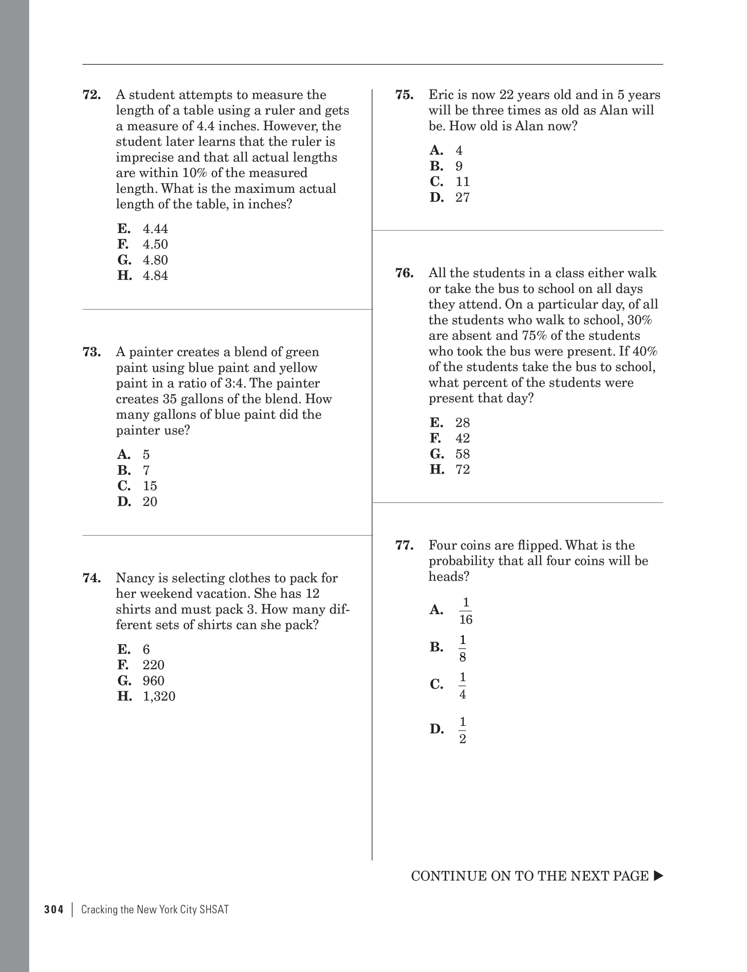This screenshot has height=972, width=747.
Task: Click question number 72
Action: [92, 94]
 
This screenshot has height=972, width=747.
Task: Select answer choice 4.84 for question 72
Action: [155, 276]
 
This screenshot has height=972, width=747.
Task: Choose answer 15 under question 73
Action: [150, 486]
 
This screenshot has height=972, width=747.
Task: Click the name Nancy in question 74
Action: [133, 578]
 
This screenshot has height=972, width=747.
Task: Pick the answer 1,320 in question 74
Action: [159, 696]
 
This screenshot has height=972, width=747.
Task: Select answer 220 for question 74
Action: [153, 665]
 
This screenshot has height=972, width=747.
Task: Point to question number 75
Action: [404, 94]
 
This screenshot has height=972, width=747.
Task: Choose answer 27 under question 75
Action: [462, 197]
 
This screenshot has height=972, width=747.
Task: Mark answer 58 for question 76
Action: [462, 454]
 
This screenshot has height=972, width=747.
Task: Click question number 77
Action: [404, 545]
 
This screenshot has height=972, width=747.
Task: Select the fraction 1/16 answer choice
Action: [465, 611]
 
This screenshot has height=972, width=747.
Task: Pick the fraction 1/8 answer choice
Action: [462, 648]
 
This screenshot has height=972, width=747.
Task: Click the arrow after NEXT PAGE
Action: [658, 876]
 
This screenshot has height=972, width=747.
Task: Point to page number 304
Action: [54, 910]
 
